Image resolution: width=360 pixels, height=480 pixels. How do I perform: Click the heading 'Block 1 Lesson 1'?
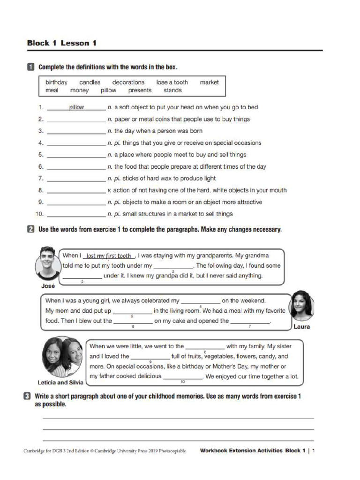62,43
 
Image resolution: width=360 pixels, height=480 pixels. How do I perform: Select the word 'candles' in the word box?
90,82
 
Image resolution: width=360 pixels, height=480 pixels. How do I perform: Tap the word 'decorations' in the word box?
128,82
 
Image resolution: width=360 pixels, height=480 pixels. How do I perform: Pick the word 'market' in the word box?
209,82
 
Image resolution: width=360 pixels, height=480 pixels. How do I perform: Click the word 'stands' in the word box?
172,90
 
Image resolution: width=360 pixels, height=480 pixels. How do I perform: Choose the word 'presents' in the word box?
140,90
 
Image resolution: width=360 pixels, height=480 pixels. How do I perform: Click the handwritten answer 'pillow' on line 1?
76,107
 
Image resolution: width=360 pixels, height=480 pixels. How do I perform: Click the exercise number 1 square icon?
30,67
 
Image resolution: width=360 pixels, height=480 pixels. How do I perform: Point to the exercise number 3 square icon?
28,396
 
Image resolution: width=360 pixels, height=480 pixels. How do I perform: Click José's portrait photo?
47,262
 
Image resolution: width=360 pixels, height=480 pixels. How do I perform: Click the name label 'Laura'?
301,327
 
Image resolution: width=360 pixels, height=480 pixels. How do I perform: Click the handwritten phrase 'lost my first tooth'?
109,256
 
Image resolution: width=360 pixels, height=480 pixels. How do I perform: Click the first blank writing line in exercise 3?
178,418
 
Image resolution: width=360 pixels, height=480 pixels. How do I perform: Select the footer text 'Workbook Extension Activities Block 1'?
253,450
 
